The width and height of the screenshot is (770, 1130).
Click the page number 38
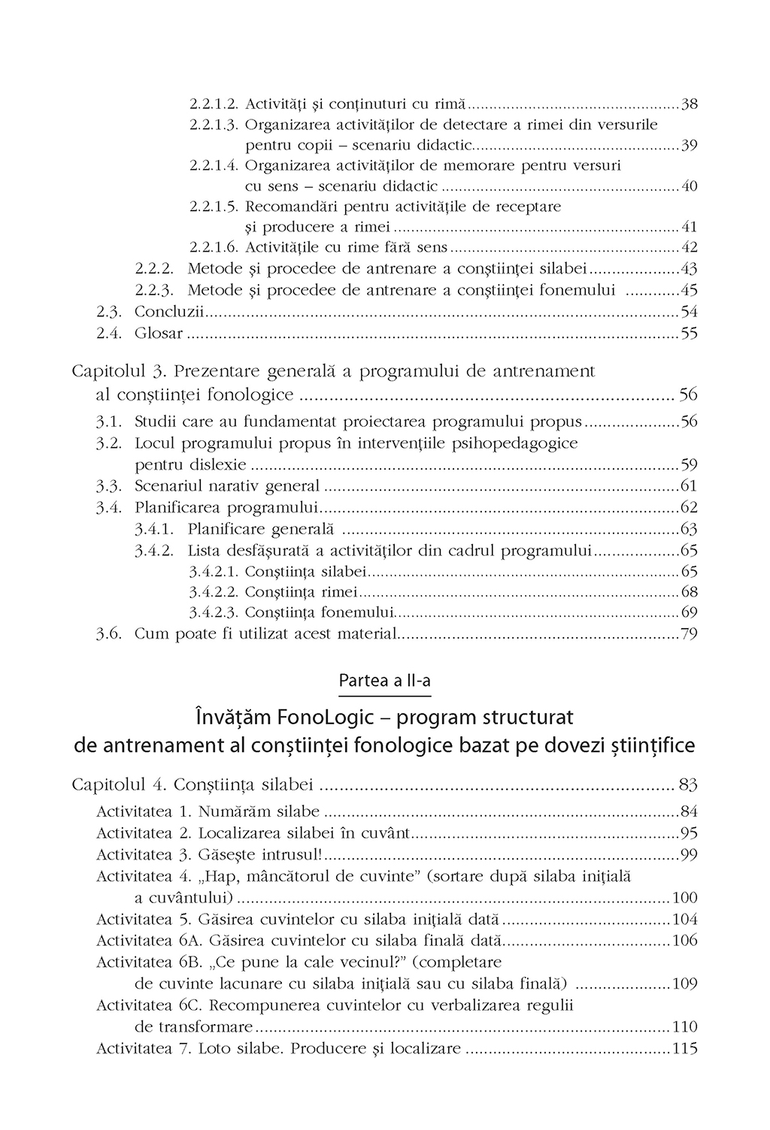689,104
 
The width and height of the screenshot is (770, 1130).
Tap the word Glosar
158,333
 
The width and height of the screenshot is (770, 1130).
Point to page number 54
689,311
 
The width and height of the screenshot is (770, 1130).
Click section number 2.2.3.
155,290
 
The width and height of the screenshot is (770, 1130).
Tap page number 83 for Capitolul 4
688,785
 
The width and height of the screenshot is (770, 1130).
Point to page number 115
686,1049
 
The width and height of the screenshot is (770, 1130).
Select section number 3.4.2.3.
214,612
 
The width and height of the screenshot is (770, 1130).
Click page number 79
689,634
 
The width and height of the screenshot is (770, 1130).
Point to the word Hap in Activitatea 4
220,876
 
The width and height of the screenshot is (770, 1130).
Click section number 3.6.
109,634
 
